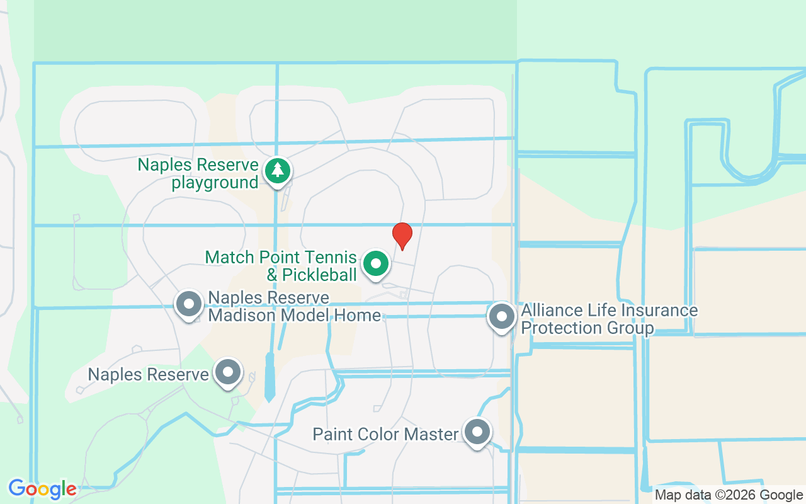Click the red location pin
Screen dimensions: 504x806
[x=402, y=235]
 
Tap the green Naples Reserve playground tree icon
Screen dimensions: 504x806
[x=277, y=171]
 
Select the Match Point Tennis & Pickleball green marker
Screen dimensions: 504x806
[x=376, y=263]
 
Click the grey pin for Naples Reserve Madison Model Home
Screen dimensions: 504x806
[x=189, y=304]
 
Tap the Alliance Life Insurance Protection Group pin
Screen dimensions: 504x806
[x=502, y=316]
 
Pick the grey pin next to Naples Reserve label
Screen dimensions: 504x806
[x=228, y=372]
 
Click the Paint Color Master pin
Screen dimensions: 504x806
[x=477, y=433]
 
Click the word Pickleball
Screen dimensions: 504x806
[x=319, y=275]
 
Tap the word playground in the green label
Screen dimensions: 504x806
[x=215, y=183]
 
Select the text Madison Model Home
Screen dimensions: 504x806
[x=294, y=314]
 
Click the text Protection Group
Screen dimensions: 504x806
[x=587, y=328]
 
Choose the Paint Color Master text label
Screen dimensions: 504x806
[x=385, y=435]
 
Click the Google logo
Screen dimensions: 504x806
[x=42, y=488]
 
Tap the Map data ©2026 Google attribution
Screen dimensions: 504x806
[x=729, y=495]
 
